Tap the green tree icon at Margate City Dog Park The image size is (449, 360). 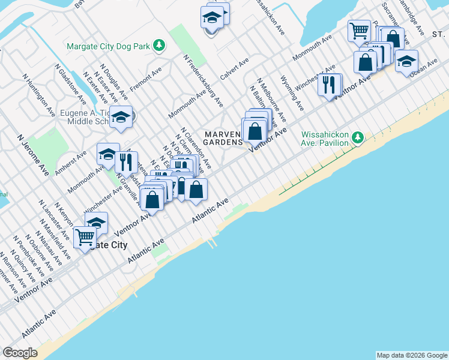[159, 45]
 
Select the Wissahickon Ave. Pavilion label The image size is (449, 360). [325, 139]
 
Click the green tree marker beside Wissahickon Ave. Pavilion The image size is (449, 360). [358, 139]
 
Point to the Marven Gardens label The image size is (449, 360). [223, 138]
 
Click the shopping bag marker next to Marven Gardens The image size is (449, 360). [255, 130]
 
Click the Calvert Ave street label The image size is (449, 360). [234, 70]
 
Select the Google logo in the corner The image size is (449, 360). [20, 353]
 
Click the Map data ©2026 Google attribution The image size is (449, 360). [412, 355]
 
